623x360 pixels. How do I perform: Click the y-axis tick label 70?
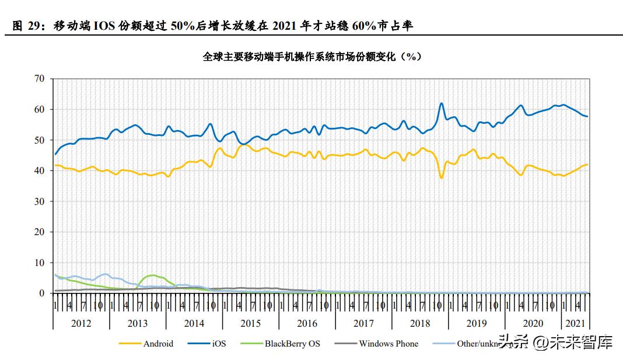coord(39,78)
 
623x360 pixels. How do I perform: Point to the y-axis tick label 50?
coord(39,140)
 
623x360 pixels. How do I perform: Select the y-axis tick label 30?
coord(39,201)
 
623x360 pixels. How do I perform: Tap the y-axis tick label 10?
coord(39,263)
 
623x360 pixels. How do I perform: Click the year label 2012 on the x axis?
coord(81,323)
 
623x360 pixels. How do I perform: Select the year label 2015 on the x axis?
coord(251,323)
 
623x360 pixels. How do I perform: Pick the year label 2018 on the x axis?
coord(421,323)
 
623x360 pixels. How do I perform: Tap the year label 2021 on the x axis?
coord(576,323)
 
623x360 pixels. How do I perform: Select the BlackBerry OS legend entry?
coord(292,344)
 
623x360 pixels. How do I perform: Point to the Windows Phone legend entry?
coord(388,344)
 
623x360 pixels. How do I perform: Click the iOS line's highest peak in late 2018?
coord(442,103)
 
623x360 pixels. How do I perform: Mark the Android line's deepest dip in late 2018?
coord(442,177)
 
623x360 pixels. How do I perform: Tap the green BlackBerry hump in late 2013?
coord(152,275)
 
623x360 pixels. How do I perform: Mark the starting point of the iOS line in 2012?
coord(55,154)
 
